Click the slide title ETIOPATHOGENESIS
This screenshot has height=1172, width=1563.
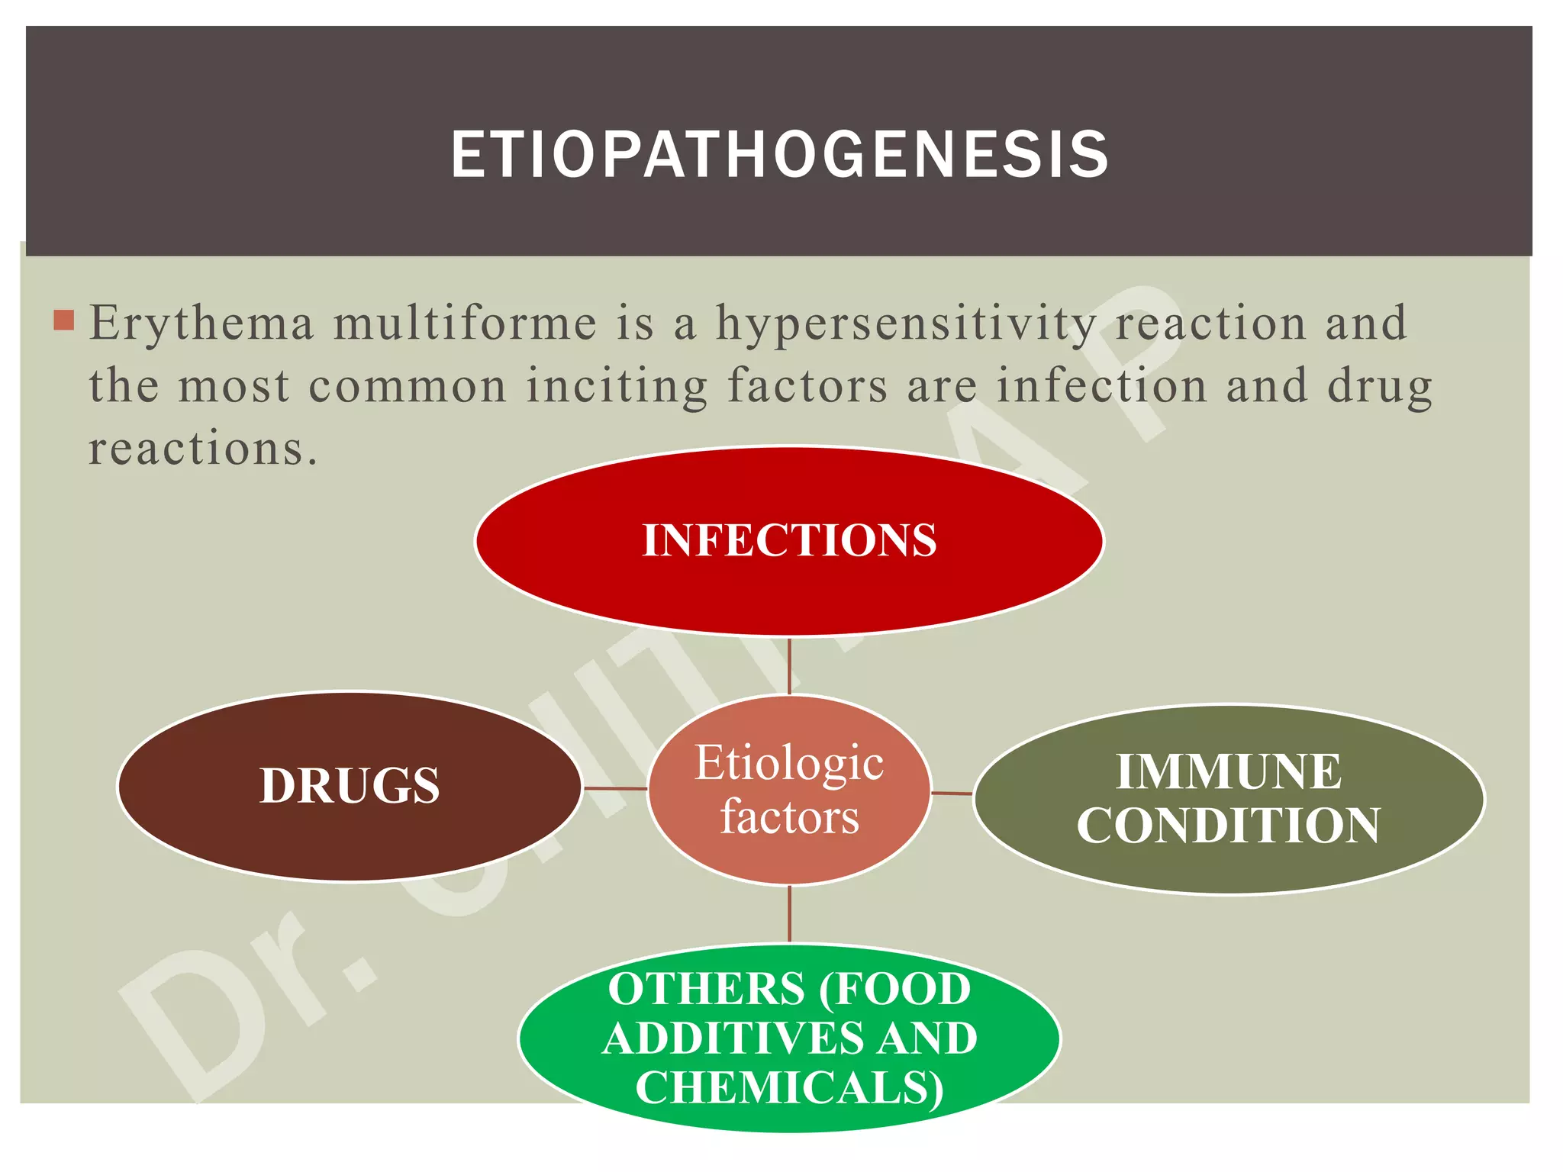click(x=779, y=155)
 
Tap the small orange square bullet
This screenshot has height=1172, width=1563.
click(x=64, y=320)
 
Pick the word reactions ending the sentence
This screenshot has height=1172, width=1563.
click(x=202, y=448)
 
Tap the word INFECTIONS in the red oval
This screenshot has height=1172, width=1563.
click(x=789, y=540)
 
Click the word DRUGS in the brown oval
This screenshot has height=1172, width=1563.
click(x=350, y=785)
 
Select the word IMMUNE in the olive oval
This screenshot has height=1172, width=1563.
click(x=1228, y=771)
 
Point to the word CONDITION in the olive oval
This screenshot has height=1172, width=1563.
click(x=1228, y=826)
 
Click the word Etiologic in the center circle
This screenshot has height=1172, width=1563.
click(x=789, y=762)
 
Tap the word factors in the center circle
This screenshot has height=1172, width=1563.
click(x=789, y=816)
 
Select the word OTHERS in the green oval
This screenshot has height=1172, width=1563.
click(x=706, y=989)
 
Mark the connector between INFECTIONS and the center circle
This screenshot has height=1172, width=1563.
click(x=789, y=665)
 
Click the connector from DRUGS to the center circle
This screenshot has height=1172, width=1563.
click(x=615, y=788)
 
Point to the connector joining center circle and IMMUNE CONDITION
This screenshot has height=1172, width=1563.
click(x=952, y=794)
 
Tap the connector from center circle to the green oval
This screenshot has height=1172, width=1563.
click(x=789, y=914)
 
